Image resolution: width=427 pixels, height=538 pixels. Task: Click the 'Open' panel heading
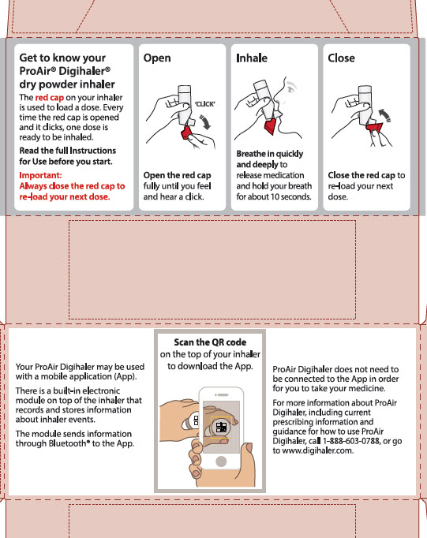click(157, 58)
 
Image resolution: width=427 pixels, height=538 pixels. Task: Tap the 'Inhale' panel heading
click(252, 58)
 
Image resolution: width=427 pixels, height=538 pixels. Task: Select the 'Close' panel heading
click(341, 58)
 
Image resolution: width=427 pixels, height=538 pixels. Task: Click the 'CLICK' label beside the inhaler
click(205, 104)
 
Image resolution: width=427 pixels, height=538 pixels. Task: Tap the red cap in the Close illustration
click(374, 127)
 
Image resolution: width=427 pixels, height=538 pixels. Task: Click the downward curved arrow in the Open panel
click(205, 122)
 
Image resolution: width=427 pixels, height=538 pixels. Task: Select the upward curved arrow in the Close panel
click(384, 115)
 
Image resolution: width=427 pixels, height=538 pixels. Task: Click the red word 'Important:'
click(40, 175)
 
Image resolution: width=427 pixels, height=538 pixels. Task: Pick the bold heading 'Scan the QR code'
click(210, 342)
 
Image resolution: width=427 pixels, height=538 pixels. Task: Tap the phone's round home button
click(221, 461)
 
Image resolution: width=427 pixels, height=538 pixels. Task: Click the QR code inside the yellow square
click(221, 428)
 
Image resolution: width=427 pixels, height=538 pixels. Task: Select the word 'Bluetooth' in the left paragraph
click(69, 443)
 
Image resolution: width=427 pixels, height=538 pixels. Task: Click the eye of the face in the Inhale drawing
click(291, 89)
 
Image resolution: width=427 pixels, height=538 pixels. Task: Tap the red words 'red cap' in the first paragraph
click(50, 98)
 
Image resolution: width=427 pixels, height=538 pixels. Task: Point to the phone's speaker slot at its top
click(221, 395)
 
